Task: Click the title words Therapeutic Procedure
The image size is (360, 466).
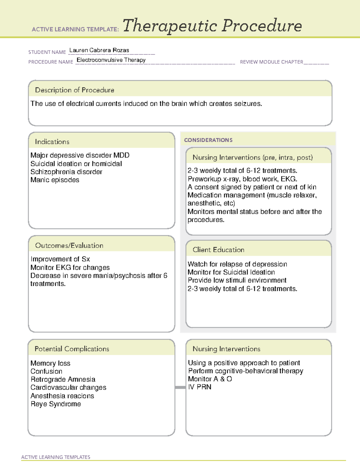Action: pos(212,26)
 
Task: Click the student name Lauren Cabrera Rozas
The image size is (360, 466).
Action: pos(99,50)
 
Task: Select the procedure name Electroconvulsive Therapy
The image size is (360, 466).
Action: pos(111,60)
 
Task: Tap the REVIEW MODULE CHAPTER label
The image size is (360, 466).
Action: pos(271,62)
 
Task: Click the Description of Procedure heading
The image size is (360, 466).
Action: pos(74,90)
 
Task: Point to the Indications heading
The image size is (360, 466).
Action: pos(52,142)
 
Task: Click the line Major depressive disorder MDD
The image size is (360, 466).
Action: pos(80,155)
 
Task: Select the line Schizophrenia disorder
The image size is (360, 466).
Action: pos(66,172)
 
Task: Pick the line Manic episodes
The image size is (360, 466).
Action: pos(55,180)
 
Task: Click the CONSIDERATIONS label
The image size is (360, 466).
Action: pos(208,140)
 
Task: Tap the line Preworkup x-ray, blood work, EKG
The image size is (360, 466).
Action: pos(242,179)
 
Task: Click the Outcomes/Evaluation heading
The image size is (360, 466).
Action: pos(69,245)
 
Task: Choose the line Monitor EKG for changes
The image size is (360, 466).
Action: pos(70,267)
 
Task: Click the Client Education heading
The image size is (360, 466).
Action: pos(218,250)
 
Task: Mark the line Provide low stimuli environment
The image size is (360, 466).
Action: pos(237,280)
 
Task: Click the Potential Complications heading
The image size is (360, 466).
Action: pos(72,349)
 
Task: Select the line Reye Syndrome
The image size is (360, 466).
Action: pos(56,404)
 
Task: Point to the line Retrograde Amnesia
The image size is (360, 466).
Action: pos(63,380)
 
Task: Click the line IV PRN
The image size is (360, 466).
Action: pos(199,387)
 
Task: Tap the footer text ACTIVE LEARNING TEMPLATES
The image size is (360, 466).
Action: pos(56,457)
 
